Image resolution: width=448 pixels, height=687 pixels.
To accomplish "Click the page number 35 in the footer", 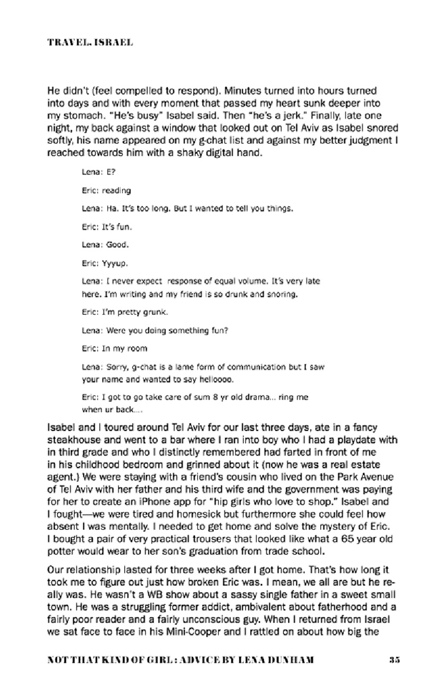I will [x=394, y=660].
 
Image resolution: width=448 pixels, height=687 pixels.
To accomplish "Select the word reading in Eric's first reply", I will [x=116, y=190].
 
